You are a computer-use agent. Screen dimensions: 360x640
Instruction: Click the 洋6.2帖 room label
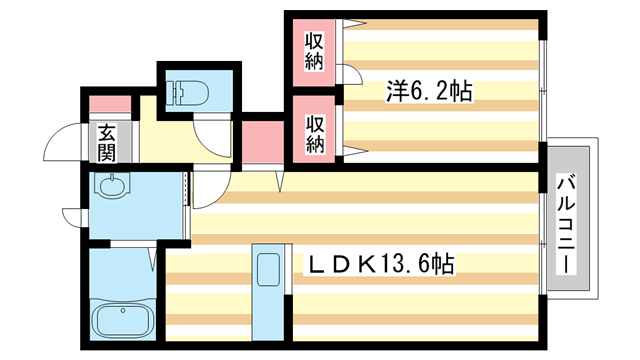[x=429, y=91]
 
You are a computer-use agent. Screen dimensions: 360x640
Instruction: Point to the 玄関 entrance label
[x=105, y=142]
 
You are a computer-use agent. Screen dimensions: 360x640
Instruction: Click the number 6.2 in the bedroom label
[x=433, y=91]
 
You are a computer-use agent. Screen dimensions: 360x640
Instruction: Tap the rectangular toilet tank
[x=189, y=82]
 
